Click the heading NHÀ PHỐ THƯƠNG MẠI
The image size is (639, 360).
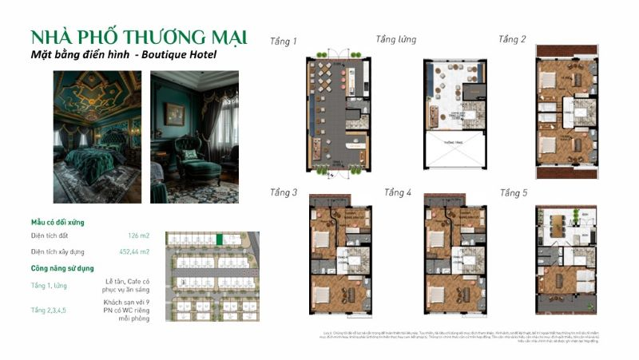coord(138,37)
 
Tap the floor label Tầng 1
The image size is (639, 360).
coord(283,41)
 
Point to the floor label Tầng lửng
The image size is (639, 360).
coord(396,39)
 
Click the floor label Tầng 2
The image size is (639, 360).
coord(512,39)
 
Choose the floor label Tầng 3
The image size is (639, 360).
coord(283,192)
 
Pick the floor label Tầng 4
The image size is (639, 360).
coord(398,192)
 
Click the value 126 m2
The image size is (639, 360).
coord(138,236)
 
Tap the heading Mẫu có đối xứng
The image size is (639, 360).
coord(58,222)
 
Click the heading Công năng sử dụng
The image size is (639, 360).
coord(62,268)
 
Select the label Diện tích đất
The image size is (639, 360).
coord(51,236)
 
